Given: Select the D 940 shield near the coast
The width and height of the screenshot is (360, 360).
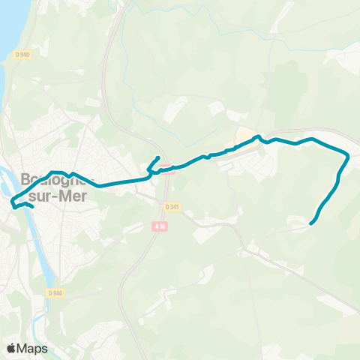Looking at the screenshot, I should pyautogui.click(x=22, y=54).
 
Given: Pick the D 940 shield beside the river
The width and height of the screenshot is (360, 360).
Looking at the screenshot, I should pyautogui.click(x=54, y=293).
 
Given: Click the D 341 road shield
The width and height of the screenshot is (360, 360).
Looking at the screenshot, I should pyautogui.click(x=172, y=207).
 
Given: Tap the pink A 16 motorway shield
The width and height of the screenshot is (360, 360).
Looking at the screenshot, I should pyautogui.click(x=157, y=226).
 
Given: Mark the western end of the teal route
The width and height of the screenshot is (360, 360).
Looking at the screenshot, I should pyautogui.click(x=12, y=200).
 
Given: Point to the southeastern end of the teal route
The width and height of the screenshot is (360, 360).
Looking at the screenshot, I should pyautogui.click(x=311, y=222).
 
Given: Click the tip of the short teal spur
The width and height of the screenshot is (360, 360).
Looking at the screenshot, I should pyautogui.click(x=158, y=157).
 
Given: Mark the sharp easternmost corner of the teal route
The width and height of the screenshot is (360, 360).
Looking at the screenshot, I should pyautogui.click(x=349, y=156).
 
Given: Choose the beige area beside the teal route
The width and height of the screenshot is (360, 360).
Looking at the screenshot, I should pyautogui.click(x=245, y=137).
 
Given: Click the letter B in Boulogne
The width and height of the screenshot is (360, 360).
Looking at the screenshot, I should pyautogui.click(x=28, y=181).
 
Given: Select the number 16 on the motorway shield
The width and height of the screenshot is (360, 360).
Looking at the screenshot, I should pyautogui.click(x=160, y=226).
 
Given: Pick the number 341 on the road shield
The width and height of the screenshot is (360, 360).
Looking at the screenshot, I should pyautogui.click(x=174, y=207).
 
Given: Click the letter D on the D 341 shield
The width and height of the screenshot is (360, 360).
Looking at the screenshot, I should pyautogui.click(x=166, y=207).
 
